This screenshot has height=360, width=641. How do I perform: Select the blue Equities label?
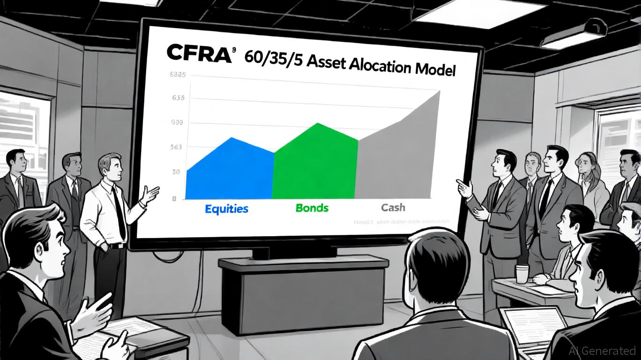[x=226, y=208]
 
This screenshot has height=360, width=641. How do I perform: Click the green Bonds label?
[x=312, y=207]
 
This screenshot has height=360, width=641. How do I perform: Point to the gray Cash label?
[x=393, y=207]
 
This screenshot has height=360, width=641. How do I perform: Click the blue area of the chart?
[x=230, y=171]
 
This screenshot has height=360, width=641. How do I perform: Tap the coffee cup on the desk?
[x=522, y=274]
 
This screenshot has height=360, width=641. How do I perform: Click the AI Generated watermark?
[x=602, y=351]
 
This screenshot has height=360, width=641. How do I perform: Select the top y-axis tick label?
[x=177, y=75]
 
